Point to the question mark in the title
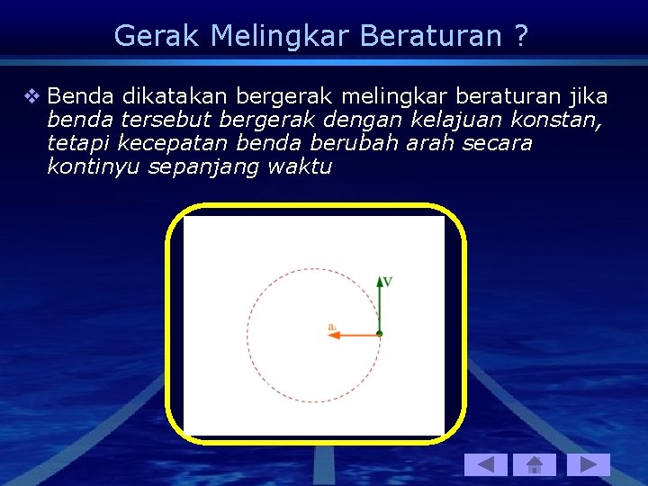(x=521, y=36)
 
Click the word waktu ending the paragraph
(x=301, y=166)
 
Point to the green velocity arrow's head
(x=380, y=281)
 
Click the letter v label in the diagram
(x=388, y=281)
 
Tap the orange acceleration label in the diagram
(x=333, y=326)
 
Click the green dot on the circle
(x=380, y=334)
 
